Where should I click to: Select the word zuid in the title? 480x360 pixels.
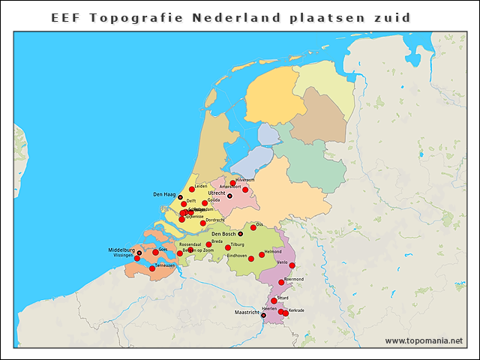tap(390, 17)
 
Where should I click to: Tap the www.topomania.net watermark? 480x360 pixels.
tap(424, 341)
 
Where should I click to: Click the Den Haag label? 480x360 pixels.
tap(164, 195)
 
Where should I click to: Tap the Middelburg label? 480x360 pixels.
tap(121, 249)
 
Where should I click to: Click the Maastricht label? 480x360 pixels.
tap(247, 312)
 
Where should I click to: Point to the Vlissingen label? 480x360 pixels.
tap(123, 255)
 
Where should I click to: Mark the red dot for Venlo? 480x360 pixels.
tap(292, 265)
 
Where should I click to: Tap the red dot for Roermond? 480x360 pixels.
tap(281, 283)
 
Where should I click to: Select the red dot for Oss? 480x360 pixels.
tap(253, 227)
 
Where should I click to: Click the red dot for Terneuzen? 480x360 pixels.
tap(152, 268)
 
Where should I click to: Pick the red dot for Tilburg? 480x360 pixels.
tap(228, 247)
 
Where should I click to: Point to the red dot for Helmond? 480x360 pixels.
tap(262, 255)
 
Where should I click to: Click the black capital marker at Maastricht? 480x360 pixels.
tap(263, 316)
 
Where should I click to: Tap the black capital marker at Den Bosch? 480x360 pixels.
tap(240, 234)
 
